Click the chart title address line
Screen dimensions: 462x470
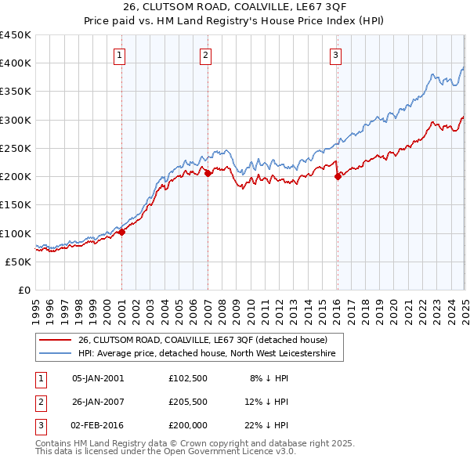[x=234, y=8]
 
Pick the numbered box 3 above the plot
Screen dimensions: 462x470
[x=334, y=55]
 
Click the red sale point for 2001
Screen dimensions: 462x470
[x=122, y=232]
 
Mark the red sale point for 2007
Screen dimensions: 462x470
[x=208, y=174]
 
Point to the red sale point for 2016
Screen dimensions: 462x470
[x=338, y=177]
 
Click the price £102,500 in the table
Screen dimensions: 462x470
[x=187, y=378]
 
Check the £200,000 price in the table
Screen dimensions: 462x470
[x=187, y=425]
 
